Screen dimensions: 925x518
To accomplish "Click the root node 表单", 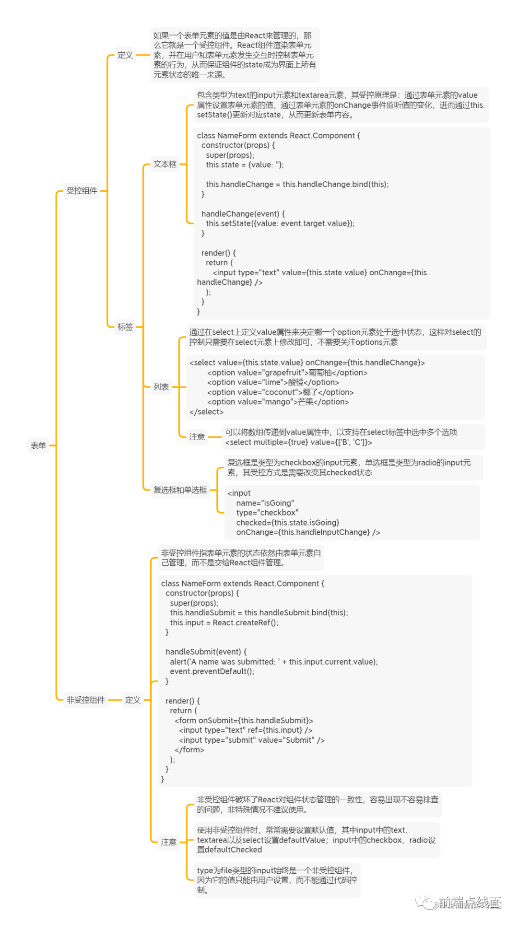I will click(38, 445).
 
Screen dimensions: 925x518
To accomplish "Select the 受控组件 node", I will click(82, 191).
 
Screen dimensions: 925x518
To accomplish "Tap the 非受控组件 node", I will click(85, 700).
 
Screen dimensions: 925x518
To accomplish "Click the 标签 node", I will click(125, 327).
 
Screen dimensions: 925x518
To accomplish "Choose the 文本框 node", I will click(165, 164).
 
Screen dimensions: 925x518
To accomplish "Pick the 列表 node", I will click(161, 387).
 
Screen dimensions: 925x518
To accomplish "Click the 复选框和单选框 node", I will click(180, 490).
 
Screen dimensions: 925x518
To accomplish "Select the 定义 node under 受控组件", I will click(125, 55).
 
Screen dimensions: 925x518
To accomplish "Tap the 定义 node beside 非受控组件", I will click(133, 700).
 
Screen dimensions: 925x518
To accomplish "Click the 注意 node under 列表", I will click(197, 437).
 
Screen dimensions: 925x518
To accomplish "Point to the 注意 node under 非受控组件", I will click(169, 842).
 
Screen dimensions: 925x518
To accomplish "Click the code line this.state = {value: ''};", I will click(245, 165).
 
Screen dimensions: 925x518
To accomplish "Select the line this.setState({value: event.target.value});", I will click(280, 223).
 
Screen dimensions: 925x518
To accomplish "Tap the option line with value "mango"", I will click(278, 402).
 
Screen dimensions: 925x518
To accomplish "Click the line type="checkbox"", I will click(267, 513).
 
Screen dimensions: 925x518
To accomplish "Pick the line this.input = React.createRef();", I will click(224, 623).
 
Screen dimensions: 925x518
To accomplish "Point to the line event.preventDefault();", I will click(212, 671).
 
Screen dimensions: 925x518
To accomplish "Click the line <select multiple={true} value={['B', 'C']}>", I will click(298, 442).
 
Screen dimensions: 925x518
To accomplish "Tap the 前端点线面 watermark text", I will click(469, 903).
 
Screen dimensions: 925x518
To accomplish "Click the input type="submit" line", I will click(251, 740).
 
